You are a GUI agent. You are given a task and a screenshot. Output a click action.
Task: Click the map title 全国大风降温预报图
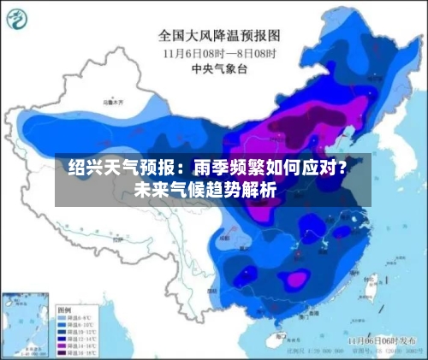pos(220,37)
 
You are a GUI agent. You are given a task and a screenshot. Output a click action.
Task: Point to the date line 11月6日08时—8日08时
pos(220,53)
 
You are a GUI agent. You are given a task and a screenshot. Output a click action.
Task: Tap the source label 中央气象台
pos(220,68)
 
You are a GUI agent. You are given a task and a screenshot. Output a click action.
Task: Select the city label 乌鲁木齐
pos(111,103)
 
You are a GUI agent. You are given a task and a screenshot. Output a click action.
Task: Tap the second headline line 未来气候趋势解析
pos(205,190)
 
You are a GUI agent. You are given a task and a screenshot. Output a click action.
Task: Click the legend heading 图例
pos(65,308)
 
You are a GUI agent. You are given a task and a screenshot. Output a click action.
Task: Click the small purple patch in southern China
pos(295,278)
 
